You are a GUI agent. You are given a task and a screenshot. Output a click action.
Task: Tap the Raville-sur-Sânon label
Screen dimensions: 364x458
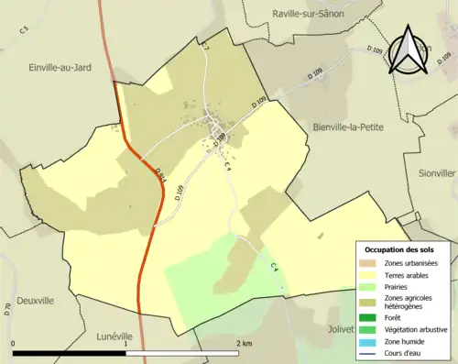point(313,14)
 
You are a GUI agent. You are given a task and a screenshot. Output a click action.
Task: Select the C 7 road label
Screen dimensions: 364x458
point(205,46)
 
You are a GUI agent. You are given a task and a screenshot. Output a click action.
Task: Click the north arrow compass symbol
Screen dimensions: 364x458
point(407,50)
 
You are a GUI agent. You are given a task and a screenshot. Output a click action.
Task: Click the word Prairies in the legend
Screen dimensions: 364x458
point(399,288)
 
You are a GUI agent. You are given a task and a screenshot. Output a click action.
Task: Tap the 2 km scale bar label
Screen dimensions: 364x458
point(244,344)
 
